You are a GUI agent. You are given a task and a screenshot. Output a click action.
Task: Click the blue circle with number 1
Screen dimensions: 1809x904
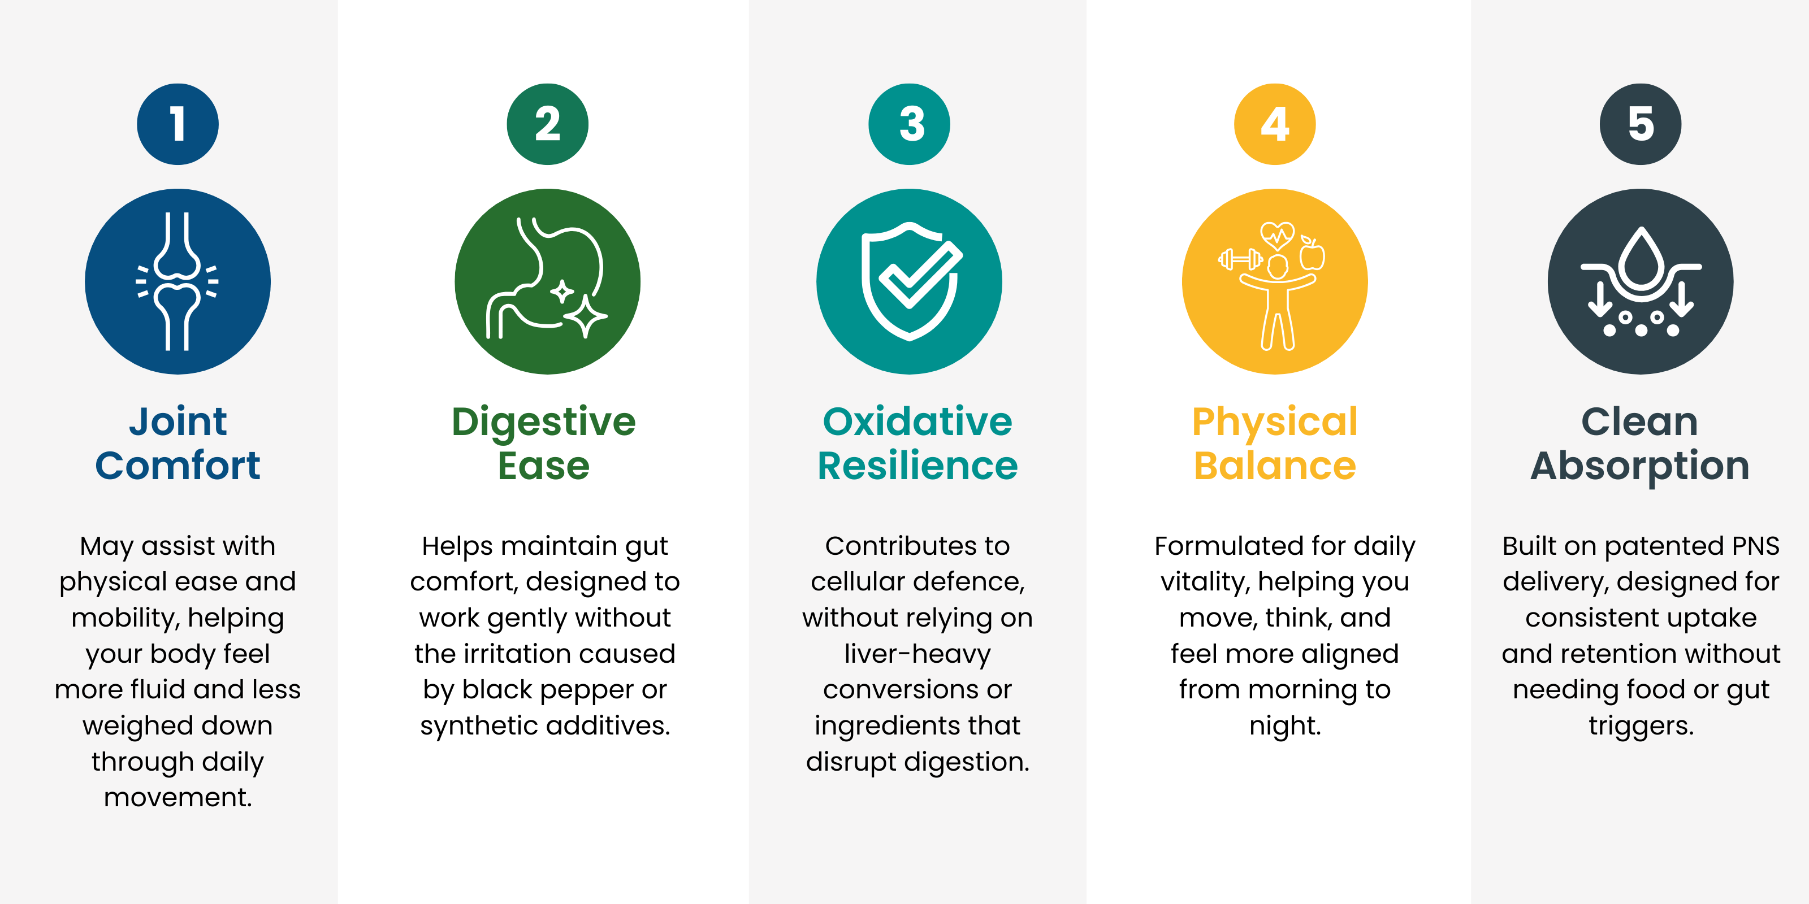(178, 124)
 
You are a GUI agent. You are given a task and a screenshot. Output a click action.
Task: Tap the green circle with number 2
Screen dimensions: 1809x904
(547, 124)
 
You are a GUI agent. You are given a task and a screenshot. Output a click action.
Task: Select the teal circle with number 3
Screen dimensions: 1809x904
(910, 124)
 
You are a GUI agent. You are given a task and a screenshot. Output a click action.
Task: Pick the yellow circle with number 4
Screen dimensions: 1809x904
(1275, 124)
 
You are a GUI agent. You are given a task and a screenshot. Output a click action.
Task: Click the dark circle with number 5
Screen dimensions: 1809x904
(1641, 124)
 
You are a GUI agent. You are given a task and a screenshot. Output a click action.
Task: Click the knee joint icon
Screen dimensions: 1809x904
(178, 281)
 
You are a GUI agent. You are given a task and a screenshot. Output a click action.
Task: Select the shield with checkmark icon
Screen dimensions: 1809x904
(910, 281)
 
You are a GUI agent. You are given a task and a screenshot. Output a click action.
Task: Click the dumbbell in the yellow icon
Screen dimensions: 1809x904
(1240, 260)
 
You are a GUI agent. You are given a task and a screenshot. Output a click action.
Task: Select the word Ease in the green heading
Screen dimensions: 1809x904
(543, 466)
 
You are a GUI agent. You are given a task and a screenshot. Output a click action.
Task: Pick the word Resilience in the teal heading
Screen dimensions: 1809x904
(917, 466)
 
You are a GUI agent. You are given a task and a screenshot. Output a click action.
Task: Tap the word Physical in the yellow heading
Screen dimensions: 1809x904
(1275, 423)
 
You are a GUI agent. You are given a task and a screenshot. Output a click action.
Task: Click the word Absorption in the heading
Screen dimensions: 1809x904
(1640, 467)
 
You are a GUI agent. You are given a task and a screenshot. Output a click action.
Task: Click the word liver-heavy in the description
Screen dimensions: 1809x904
(917, 654)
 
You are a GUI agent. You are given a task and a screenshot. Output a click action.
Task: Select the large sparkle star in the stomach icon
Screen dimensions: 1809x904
(585, 316)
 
